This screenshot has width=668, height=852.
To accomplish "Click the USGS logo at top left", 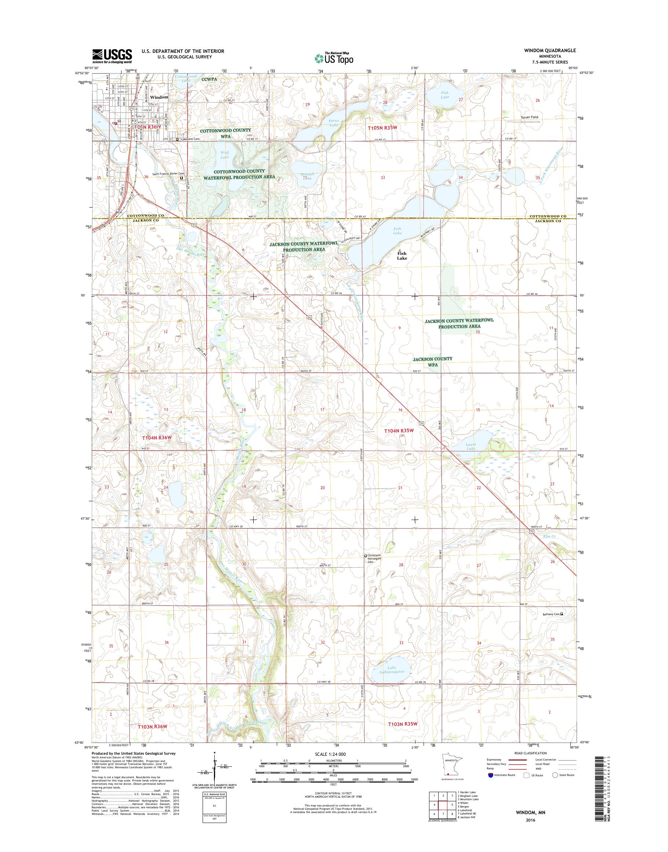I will coord(112,56).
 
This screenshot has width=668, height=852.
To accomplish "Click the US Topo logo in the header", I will coord(334,58).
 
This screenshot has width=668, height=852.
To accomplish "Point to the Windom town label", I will coord(159,97).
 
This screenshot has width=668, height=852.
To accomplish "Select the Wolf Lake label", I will coord(225,155).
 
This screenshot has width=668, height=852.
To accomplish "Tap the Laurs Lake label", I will coord(471,446).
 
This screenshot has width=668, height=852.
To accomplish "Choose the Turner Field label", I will coord(529,117).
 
